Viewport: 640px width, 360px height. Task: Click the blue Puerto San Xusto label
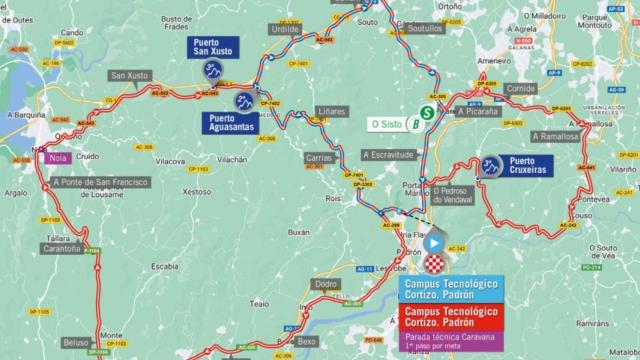point(209,50)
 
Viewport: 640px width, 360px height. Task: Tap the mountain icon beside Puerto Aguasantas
point(244,101)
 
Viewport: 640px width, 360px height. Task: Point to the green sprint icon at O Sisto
point(427,113)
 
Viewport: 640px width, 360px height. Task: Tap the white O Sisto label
point(387,124)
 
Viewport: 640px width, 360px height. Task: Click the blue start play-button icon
point(434,241)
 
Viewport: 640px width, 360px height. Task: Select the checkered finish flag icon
point(434,263)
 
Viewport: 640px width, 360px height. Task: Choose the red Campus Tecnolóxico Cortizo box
point(453,318)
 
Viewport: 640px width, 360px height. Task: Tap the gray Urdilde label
point(285,29)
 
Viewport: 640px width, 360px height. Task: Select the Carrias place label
point(318,158)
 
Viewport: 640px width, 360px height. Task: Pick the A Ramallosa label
point(555,136)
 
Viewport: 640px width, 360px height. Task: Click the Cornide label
point(520,89)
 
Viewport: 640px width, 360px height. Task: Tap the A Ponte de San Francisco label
point(101,181)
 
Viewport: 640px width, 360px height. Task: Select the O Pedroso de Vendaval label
point(465,192)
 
